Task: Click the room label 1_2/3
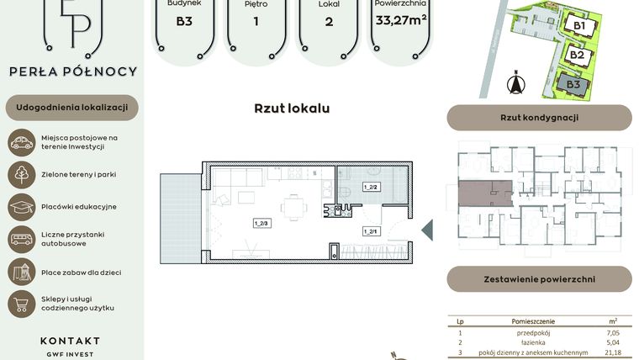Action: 260,224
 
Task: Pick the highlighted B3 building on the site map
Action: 573,84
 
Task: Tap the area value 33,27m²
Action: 401,20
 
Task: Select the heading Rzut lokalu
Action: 292,109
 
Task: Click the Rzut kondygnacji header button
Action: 539,118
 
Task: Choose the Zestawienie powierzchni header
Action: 539,278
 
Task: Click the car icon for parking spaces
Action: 21,142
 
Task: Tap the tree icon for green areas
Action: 21,174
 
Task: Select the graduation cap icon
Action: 21,206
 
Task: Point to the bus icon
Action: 21,239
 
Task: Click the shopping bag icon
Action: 21,304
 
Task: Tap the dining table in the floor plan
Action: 293,205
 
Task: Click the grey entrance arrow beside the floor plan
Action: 426,230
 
